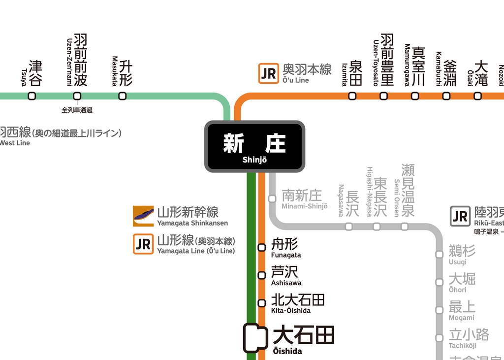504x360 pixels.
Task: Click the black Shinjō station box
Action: [254, 146]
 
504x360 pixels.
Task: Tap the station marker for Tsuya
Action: [32, 96]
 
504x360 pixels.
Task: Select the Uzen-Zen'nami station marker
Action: [77, 96]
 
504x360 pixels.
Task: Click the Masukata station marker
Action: [122, 96]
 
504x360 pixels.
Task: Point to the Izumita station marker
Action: [352, 96]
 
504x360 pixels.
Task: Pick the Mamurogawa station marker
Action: [415, 96]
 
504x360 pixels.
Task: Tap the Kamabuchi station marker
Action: [446, 96]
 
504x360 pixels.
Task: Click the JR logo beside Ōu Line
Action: [269, 73]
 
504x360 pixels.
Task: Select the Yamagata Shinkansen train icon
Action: [143, 216]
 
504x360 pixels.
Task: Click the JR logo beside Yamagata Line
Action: [143, 244]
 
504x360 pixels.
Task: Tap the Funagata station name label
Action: [285, 248]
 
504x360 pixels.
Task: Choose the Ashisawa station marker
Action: [262, 275]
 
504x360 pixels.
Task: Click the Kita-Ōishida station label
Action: [297, 303]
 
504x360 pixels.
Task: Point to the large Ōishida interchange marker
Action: [255, 338]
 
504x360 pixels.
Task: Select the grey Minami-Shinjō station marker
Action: [272, 198]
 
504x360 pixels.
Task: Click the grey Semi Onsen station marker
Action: [404, 227]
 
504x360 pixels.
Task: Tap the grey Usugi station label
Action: [462, 255]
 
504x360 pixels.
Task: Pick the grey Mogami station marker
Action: [439, 310]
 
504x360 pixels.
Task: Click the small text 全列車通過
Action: [77, 110]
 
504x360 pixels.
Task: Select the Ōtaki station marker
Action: [477, 96]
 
